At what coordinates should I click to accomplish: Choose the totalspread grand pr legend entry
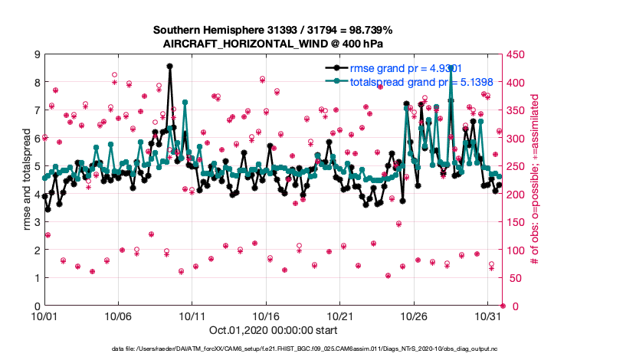pos(413,80)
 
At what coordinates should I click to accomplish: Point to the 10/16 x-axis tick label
pos(266,316)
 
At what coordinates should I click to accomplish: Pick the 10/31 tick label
pos(488,316)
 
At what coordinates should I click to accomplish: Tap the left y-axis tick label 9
pos(36,54)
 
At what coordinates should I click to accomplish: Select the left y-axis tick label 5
pos(36,166)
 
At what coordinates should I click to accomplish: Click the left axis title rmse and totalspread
pos(26,180)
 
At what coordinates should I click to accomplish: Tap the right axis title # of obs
pos(536,180)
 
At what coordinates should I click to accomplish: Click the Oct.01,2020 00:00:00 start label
pos(272,331)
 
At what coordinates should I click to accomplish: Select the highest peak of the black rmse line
pos(169,67)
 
